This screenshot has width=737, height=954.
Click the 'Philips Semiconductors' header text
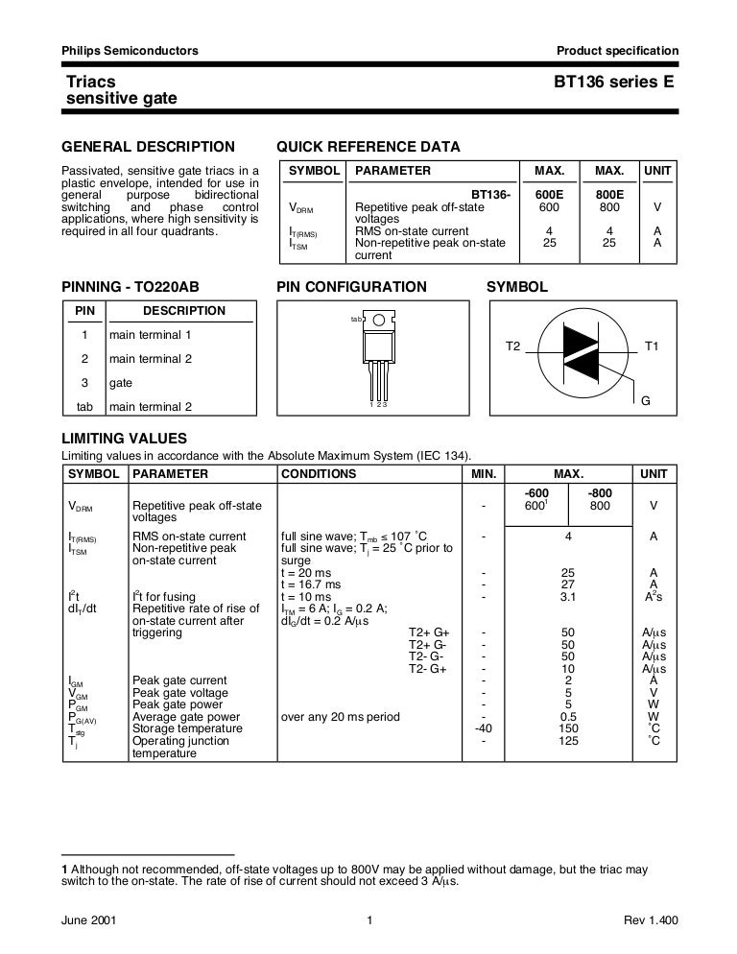point(130,51)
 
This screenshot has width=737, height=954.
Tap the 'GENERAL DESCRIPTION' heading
point(148,147)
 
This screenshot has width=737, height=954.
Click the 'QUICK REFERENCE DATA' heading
point(368,147)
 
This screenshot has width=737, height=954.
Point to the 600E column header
point(549,194)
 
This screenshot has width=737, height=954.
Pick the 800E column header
point(609,194)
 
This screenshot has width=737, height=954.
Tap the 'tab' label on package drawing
point(356,319)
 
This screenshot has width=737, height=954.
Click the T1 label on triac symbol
point(652,345)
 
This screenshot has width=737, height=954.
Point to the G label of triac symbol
point(645,400)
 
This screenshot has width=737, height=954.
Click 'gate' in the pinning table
point(121,382)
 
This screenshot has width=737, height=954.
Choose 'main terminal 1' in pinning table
point(151,335)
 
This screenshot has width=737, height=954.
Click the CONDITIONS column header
point(319,474)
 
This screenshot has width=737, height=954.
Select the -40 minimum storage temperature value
point(484,729)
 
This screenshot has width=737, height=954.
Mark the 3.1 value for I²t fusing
point(569,596)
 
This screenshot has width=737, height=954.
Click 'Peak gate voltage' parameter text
point(180,693)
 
